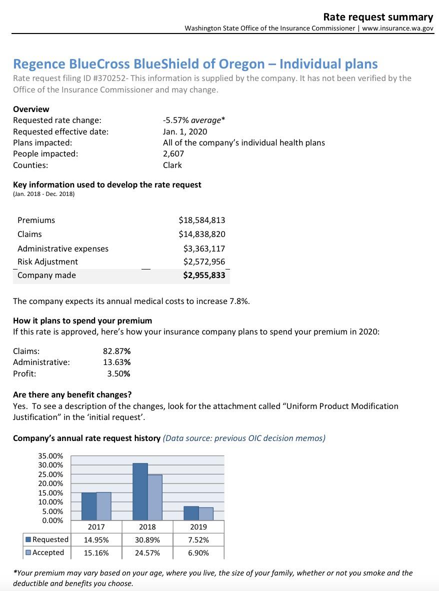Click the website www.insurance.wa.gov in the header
click(x=397, y=28)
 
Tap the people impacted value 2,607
click(x=173, y=153)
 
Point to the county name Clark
click(x=172, y=165)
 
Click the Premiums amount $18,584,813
click(x=201, y=220)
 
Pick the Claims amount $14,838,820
click(x=201, y=234)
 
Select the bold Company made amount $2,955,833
click(x=204, y=275)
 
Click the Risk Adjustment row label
click(x=47, y=261)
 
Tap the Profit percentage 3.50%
click(x=119, y=373)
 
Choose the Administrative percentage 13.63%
click(x=117, y=362)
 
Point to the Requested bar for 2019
click(x=191, y=513)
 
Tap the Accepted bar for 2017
click(x=103, y=506)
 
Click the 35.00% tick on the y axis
click(x=50, y=456)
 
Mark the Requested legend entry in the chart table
click(x=47, y=539)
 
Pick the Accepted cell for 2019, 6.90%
click(x=198, y=552)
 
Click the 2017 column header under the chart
click(x=96, y=527)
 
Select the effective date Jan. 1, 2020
click(x=185, y=131)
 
